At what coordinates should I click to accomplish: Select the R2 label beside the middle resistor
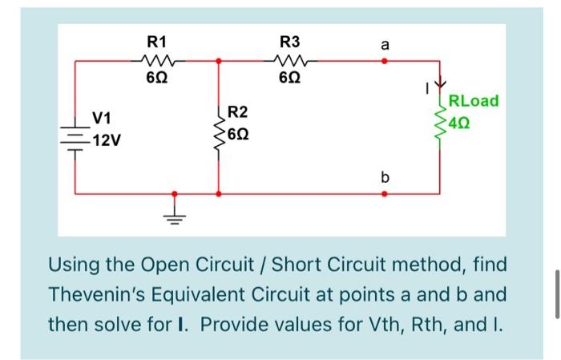(x=238, y=111)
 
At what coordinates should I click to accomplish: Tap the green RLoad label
(x=474, y=101)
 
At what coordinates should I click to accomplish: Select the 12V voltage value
(x=106, y=142)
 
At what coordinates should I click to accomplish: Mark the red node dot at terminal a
(x=384, y=59)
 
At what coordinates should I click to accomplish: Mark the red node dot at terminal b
(x=384, y=193)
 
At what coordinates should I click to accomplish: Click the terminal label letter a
(x=385, y=45)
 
